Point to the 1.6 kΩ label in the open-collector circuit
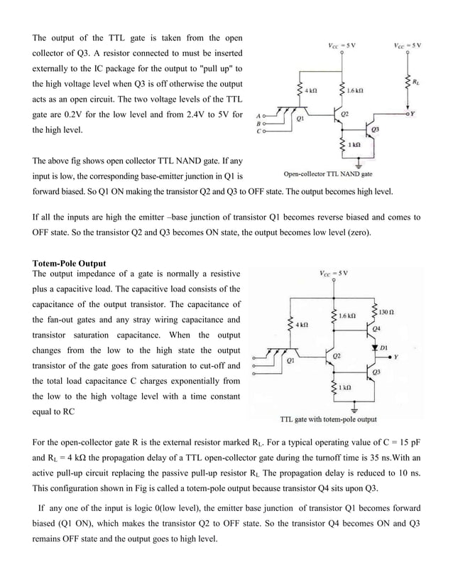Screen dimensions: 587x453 click(356, 91)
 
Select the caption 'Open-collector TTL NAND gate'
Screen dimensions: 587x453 click(327, 174)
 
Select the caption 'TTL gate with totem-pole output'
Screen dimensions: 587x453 click(328, 419)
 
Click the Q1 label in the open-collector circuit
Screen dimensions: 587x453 click(300, 120)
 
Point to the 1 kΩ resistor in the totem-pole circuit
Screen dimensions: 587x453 click(333, 387)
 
